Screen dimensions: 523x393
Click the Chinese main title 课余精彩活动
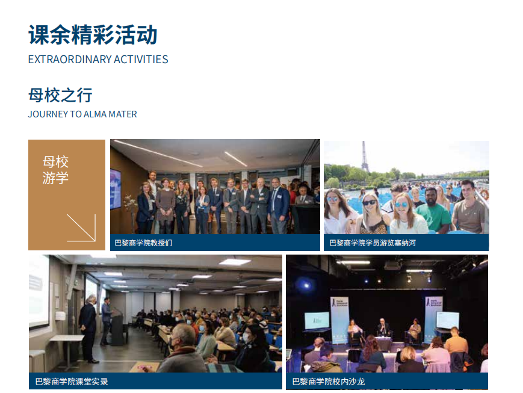93,35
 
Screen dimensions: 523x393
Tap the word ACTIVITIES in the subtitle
141,60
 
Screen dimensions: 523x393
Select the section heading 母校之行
60,95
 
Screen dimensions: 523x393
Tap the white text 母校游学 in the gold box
55,170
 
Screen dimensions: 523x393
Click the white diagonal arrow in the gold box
81,227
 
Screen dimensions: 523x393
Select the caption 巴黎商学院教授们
143,243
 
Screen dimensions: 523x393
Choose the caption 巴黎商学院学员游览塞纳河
373,243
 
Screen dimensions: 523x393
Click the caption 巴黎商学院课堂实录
72,382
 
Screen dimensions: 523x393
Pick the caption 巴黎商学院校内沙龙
329,382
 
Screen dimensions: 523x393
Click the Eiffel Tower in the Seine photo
365,157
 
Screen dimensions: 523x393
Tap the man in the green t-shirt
433,211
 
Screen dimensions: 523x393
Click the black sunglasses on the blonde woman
370,202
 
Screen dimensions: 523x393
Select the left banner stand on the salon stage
339,319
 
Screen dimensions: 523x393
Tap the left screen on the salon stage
317,321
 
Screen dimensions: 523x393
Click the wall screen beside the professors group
116,189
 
